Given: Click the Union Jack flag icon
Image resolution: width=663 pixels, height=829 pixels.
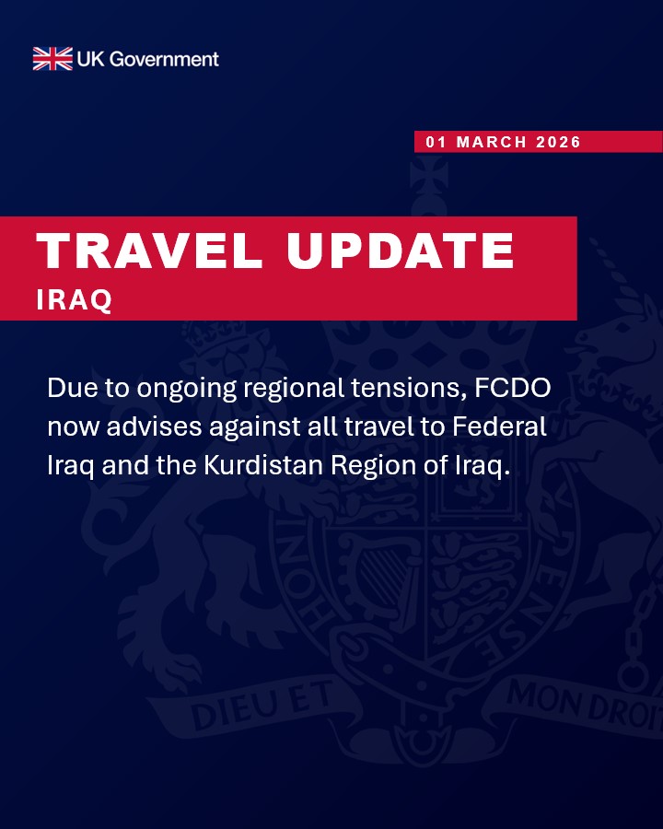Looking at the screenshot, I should pyautogui.click(x=52, y=59).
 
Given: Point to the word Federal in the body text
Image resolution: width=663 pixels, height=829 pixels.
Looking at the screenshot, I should pyautogui.click(x=505, y=427).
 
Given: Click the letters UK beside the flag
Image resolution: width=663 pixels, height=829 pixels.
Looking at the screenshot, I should pyautogui.click(x=92, y=59).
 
